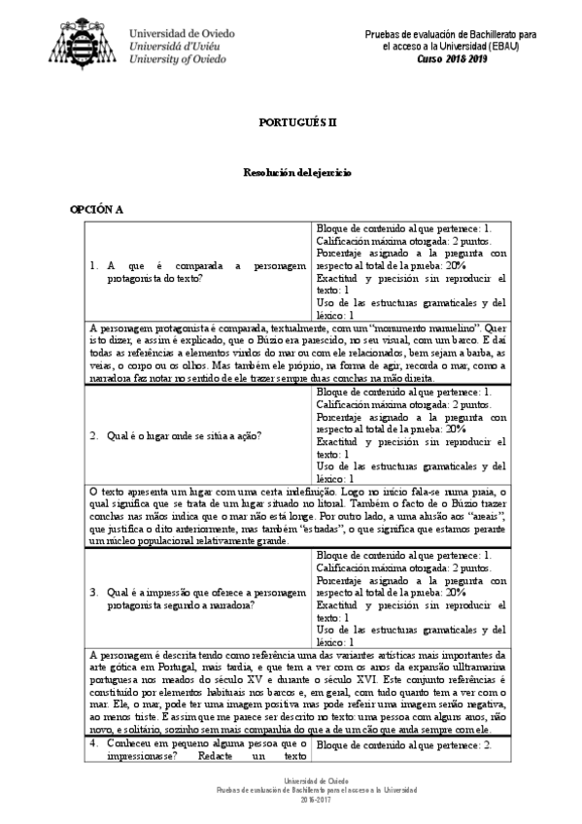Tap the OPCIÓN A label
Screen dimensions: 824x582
coord(95,209)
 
